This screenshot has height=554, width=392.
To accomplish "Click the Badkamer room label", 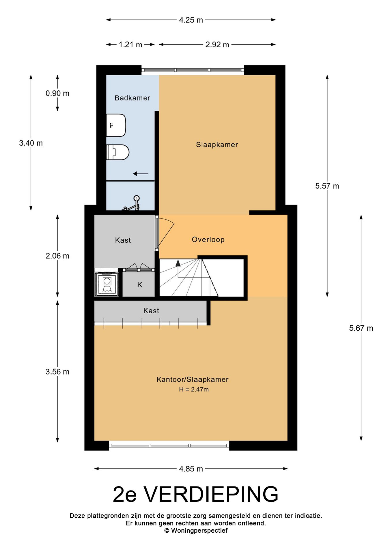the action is click(x=132, y=98).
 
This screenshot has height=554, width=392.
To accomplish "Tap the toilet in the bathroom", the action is click(x=118, y=152).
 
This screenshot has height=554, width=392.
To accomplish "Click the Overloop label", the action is click(x=208, y=239).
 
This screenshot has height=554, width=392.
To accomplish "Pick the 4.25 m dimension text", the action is click(x=191, y=20).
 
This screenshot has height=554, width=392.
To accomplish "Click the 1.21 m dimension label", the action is click(x=130, y=45).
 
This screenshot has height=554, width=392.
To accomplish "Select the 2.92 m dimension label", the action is click(x=217, y=45).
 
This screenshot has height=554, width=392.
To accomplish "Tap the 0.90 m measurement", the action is click(x=57, y=93).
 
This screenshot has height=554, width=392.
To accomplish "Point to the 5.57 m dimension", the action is click(x=327, y=186).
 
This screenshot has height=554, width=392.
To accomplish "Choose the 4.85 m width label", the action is click(x=191, y=469).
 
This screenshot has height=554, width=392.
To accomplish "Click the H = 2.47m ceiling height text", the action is click(x=194, y=390).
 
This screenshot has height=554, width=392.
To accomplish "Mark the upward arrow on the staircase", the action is click(x=178, y=263).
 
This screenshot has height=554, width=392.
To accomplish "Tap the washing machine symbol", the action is click(x=107, y=284).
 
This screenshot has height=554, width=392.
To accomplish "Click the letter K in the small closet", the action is click(x=140, y=285).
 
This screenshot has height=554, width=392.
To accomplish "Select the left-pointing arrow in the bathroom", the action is click(x=141, y=174).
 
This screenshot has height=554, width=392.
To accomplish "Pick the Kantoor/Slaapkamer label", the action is click(x=193, y=379).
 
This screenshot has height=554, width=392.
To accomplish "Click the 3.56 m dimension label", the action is click(x=57, y=372).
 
